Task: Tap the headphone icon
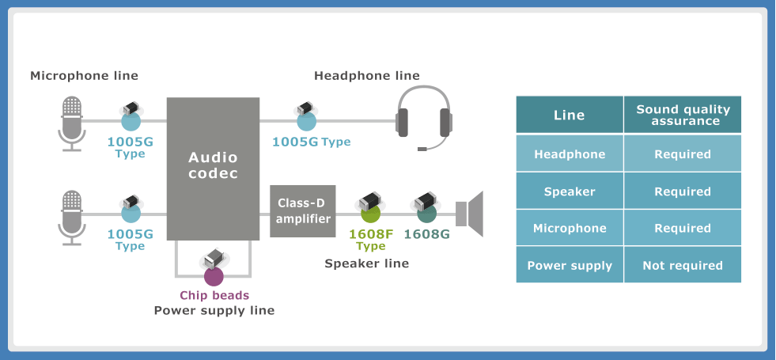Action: pyautogui.click(x=424, y=118)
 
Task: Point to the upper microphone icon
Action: pyautogui.click(x=72, y=123)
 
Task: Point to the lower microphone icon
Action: pyautogui.click(x=72, y=216)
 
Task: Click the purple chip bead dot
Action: pyautogui.click(x=214, y=276)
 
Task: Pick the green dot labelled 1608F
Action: pyautogui.click(x=371, y=213)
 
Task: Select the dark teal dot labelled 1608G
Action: pyautogui.click(x=426, y=213)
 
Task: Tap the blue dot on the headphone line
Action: pyautogui.click(x=306, y=121)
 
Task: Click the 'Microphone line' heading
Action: pyautogui.click(x=84, y=76)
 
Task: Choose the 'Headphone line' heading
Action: pyautogui.click(x=367, y=76)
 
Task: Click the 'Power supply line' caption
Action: pyautogui.click(x=214, y=310)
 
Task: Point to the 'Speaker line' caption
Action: pyautogui.click(x=367, y=263)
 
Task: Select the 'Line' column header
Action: pyautogui.click(x=570, y=115)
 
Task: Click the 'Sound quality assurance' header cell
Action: pyautogui.click(x=683, y=115)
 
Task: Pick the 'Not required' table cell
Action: pyautogui.click(x=683, y=266)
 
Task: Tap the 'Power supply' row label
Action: pyautogui.click(x=570, y=266)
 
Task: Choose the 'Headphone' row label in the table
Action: pyautogui.click(x=570, y=154)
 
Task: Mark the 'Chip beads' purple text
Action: pyautogui.click(x=214, y=295)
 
